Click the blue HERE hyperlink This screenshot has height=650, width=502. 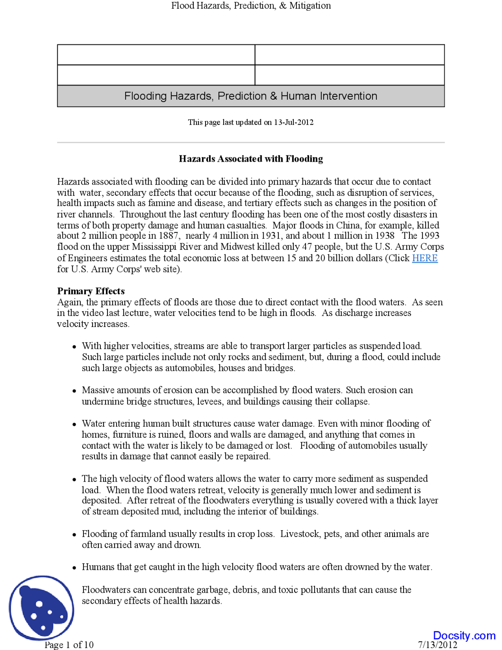tap(424, 258)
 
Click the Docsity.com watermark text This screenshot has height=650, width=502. tap(464, 635)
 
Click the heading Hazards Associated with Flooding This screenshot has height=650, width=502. tap(251, 159)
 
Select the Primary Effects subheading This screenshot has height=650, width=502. tap(91, 291)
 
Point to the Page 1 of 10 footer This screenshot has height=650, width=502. tap(69, 645)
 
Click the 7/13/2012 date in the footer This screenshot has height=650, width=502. tap(437, 645)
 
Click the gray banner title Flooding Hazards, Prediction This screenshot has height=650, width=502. tap(251, 96)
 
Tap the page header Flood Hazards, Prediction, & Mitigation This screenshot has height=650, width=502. tap(251, 5)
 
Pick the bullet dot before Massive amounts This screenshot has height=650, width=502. tap(74, 391)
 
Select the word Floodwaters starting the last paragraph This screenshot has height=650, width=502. tap(106, 590)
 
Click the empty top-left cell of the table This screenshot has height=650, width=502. tap(156, 55)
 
